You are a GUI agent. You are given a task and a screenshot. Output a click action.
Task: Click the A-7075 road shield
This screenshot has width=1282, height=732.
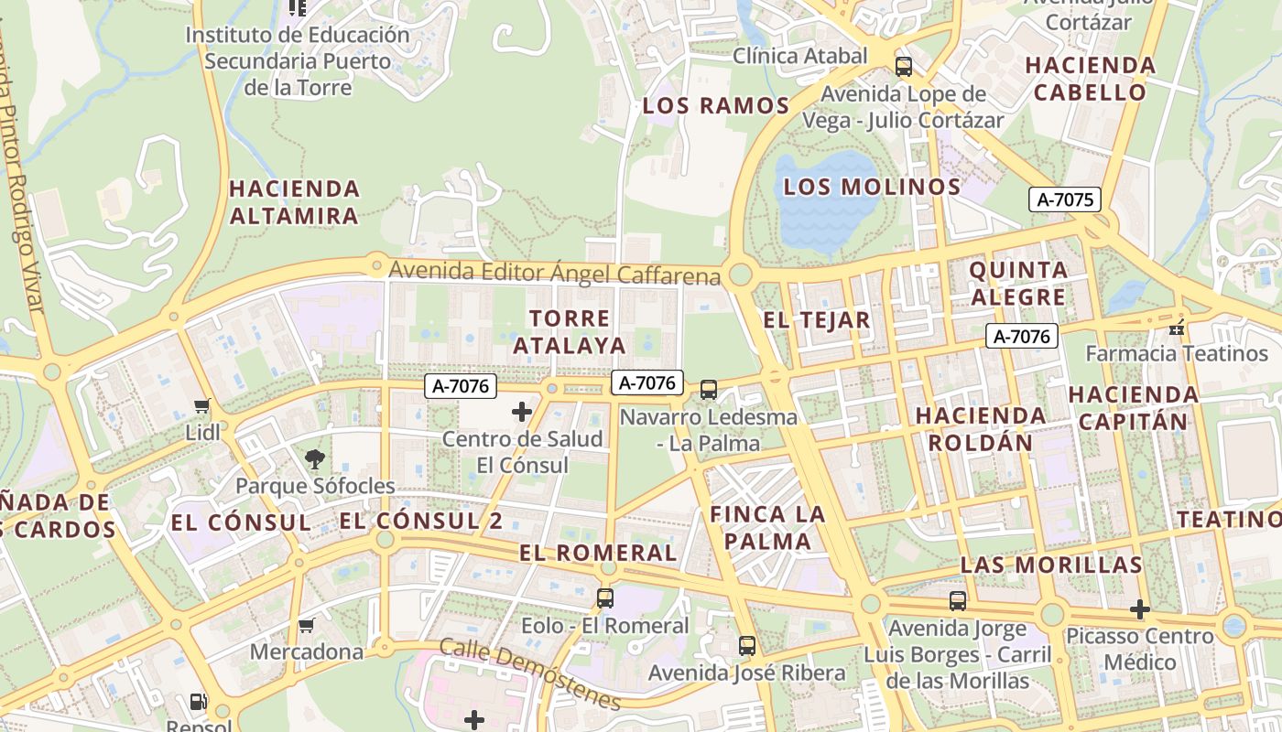pyautogui.click(x=1064, y=199)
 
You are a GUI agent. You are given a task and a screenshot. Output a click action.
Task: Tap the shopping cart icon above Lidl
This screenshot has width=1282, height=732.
pyautogui.click(x=202, y=405)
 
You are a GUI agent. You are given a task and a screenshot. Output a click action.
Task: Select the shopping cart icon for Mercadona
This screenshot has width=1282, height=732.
pyautogui.click(x=307, y=626)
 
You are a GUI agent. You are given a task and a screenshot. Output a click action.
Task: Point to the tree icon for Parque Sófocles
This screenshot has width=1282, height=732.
pyautogui.click(x=315, y=459)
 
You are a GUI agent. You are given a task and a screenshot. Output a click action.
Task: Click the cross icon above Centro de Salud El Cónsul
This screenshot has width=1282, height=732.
pyautogui.click(x=522, y=412)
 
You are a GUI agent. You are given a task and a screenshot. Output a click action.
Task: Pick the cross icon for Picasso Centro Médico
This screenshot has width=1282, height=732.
pyautogui.click(x=1139, y=609)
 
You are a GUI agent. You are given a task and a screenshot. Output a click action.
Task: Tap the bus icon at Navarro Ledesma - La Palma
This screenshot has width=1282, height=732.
pyautogui.click(x=709, y=390)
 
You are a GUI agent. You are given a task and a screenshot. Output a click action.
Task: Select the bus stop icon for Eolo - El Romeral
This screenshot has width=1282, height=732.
pyautogui.click(x=605, y=598)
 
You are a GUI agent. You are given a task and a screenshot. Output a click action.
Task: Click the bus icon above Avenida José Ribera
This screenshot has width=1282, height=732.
pyautogui.click(x=747, y=646)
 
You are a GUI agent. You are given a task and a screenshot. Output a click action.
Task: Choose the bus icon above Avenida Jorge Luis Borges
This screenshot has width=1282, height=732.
pyautogui.click(x=958, y=601)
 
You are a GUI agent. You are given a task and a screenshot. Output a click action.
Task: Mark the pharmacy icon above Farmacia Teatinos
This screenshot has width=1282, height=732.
pyautogui.click(x=1178, y=327)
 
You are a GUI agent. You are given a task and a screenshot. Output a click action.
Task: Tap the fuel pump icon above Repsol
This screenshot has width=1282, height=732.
pyautogui.click(x=198, y=702)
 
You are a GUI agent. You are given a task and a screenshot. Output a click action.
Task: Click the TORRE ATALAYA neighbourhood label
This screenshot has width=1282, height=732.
pyautogui.click(x=570, y=332)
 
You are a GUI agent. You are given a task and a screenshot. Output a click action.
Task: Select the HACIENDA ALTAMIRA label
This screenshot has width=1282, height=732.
pyautogui.click(x=294, y=202)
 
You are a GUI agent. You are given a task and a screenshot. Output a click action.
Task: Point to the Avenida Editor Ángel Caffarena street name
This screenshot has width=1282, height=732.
pyautogui.click(x=554, y=273)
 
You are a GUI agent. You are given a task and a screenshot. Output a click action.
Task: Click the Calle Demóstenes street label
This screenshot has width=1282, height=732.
pyautogui.click(x=530, y=673)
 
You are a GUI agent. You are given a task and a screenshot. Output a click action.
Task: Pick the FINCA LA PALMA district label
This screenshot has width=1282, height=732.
pyautogui.click(x=767, y=527)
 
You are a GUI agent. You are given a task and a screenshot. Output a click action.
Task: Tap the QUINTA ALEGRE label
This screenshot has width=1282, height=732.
pyautogui.click(x=1018, y=284)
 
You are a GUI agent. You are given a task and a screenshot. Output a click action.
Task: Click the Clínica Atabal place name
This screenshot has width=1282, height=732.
pyautogui.click(x=799, y=56)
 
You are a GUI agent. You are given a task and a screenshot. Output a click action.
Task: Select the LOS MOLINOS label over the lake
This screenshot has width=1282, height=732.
pyautogui.click(x=872, y=188)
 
